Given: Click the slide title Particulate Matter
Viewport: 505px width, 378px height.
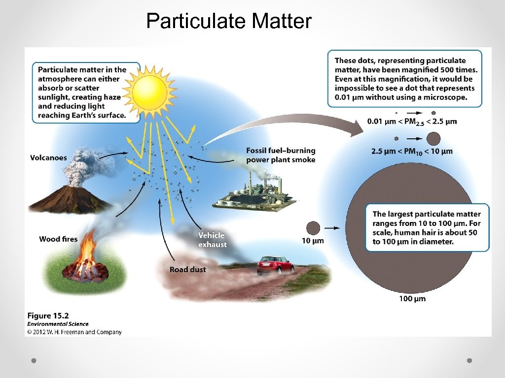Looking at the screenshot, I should coord(229,21).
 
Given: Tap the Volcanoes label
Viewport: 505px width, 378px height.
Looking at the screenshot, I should coord(48,158).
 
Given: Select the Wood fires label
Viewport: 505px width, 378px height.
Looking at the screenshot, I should coord(58,239).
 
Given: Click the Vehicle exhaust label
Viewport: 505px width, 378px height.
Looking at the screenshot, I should coord(213,240).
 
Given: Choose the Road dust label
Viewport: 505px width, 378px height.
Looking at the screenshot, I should coord(187,269).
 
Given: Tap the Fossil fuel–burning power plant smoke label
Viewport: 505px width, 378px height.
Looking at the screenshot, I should coord(281,155).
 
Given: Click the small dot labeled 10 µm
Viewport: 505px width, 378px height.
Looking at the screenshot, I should coord(313,228).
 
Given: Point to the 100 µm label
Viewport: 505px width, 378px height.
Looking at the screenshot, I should coord(412,299).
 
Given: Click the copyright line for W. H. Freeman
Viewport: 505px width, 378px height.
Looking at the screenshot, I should coord(74,332).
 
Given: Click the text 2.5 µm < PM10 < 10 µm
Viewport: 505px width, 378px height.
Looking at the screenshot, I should coord(412,151).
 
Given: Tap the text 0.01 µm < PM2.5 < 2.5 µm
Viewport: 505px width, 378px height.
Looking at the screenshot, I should coord(412,122).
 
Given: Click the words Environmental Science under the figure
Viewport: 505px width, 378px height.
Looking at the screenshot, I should coord(58,324).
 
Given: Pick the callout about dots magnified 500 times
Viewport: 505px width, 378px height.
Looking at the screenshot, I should coord(404,79).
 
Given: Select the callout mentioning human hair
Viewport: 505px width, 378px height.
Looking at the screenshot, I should coord(427,228).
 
